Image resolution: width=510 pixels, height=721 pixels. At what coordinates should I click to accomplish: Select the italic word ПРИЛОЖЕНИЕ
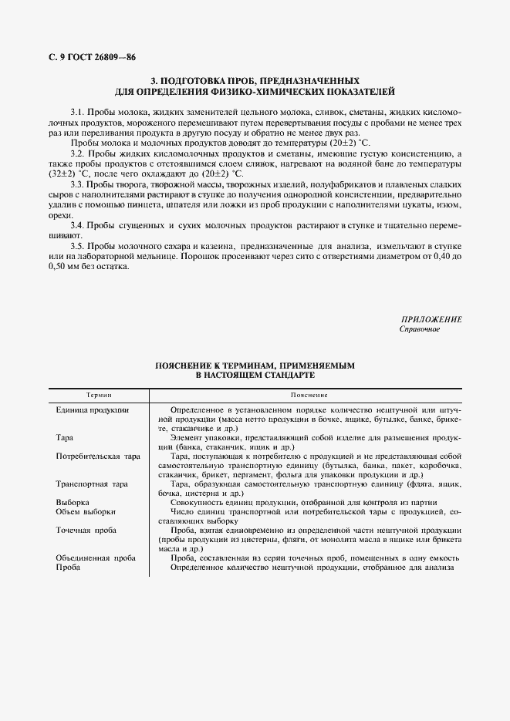pyautogui.click(x=431, y=319)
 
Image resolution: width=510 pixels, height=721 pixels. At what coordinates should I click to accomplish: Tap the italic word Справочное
pyautogui.click(x=420, y=330)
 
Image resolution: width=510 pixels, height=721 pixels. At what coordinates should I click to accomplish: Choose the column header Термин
pyautogui.click(x=98, y=393)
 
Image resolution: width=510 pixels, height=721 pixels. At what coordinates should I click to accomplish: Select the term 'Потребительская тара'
pyautogui.click(x=98, y=457)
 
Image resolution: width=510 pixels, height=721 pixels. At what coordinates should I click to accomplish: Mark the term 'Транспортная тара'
pyautogui.click(x=92, y=484)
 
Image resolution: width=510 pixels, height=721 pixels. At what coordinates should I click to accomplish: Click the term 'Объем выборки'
pyautogui.click(x=86, y=511)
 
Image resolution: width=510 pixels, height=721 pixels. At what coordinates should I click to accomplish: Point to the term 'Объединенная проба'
pyautogui.click(x=96, y=558)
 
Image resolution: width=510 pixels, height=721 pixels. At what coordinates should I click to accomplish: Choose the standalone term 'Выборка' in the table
pyautogui.click(x=73, y=502)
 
